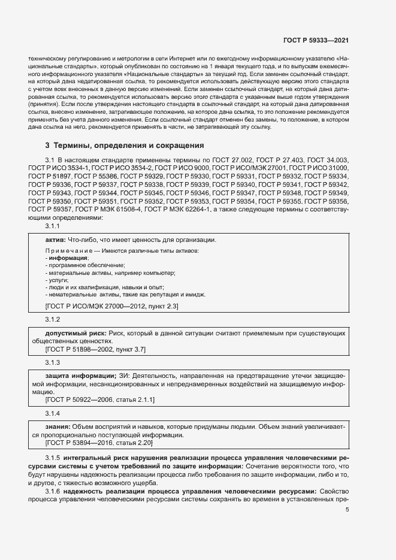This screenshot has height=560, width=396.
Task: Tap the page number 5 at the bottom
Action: (347, 526)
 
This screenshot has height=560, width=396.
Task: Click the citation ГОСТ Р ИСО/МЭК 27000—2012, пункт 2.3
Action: (111, 306)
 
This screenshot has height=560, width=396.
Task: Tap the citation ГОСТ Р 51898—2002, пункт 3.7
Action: (95, 349)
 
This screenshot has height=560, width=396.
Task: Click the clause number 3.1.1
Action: (53, 226)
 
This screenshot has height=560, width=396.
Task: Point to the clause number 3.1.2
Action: (53, 319)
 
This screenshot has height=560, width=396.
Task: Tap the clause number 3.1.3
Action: (53, 362)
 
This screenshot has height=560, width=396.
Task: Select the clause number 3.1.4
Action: (53, 413)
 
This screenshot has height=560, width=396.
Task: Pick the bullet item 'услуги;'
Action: (58, 280)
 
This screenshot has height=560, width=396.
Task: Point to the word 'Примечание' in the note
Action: (65, 250)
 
